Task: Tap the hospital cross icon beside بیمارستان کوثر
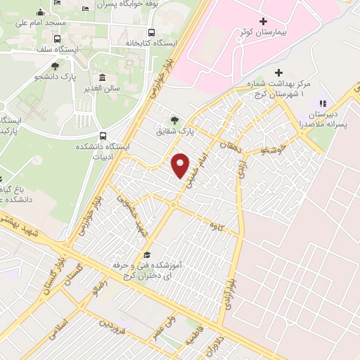point(263,22)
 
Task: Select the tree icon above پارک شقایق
point(175,119)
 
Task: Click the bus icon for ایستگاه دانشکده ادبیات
point(104,136)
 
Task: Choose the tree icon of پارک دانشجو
point(55,66)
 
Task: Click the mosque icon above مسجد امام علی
point(40,12)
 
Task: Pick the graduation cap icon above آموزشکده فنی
point(147,255)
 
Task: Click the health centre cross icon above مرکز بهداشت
point(279,72)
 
